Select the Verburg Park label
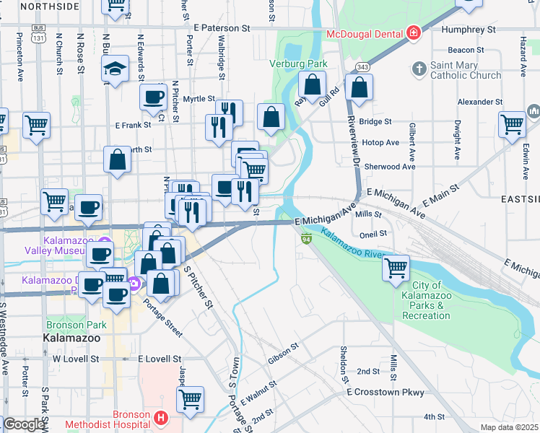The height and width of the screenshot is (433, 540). click(298, 64)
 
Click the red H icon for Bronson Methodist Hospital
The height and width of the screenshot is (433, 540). click(161, 417)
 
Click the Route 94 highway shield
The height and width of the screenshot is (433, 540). click(306, 239)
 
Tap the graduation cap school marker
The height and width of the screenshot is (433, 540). click(113, 69)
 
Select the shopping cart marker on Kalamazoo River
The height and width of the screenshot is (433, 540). click(396, 268)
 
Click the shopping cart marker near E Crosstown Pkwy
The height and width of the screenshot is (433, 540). click(190, 398)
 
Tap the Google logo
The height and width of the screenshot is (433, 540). click(23, 424)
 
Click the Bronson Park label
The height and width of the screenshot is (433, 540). click(77, 325)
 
